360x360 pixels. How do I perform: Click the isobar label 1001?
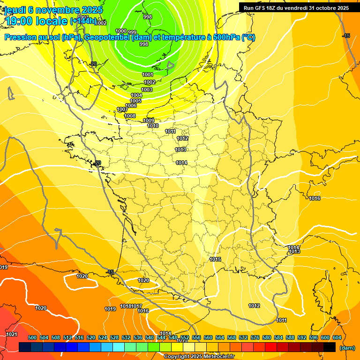tap(148, 75)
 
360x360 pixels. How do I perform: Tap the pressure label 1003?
tap(147, 90)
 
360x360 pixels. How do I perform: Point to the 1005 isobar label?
tap(135, 101)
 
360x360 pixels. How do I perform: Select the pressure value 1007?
tap(122, 109)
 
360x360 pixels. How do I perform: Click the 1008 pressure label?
tap(130, 116)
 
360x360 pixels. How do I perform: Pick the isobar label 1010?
tap(153, 126)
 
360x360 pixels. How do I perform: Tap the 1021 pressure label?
tap(12, 334)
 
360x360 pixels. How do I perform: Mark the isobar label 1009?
tap(149, 120)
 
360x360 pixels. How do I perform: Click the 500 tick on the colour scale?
tap(32, 337)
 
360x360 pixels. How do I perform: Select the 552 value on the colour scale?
tap(185, 337)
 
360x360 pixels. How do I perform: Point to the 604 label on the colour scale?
tap(337, 337)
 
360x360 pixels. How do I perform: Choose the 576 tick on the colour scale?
tap(255, 337)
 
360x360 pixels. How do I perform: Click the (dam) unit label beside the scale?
tap(347, 347)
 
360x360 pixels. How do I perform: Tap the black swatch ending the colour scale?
tap(330, 347)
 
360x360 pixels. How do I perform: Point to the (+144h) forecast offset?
tap(83, 21)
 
